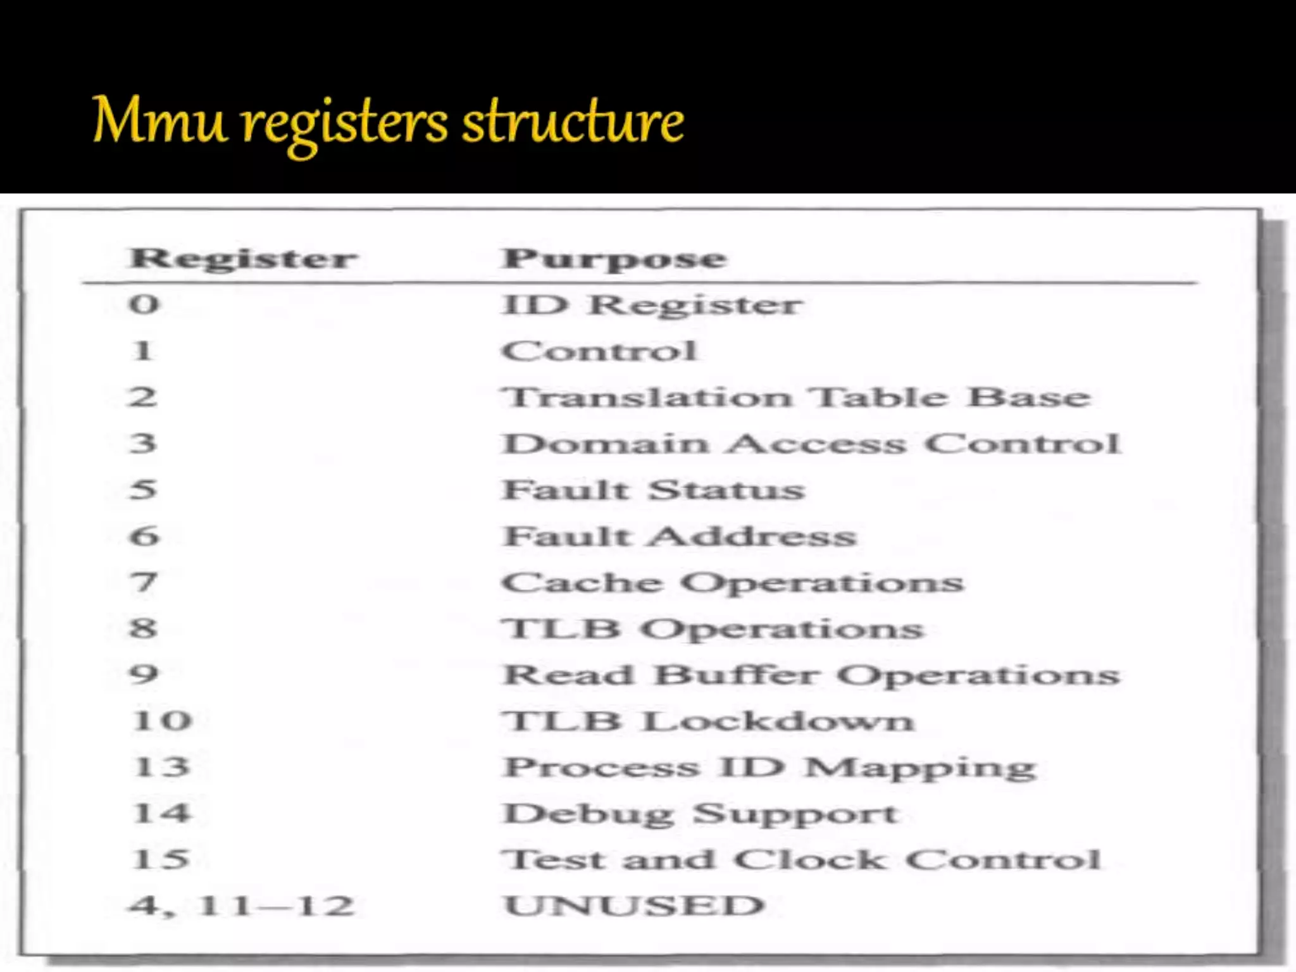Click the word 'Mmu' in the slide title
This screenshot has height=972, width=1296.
pyautogui.click(x=159, y=120)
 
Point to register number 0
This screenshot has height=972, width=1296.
pyautogui.click(x=144, y=304)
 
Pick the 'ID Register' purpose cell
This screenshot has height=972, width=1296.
pyautogui.click(x=652, y=305)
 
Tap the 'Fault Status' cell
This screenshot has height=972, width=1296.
pyautogui.click(x=653, y=490)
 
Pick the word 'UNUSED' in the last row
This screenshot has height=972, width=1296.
pyautogui.click(x=634, y=906)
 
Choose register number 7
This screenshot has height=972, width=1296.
pyautogui.click(x=144, y=582)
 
